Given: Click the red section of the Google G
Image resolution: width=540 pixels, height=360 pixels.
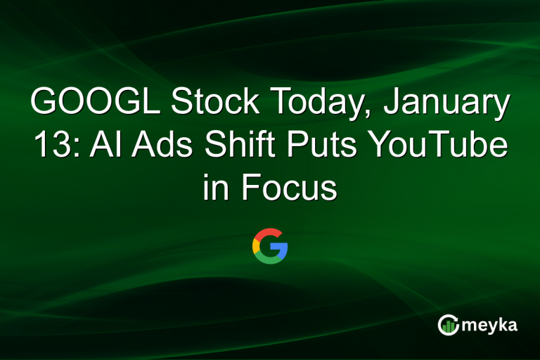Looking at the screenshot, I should click(267, 233).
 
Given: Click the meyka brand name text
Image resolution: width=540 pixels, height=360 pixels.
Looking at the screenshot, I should click(487, 324).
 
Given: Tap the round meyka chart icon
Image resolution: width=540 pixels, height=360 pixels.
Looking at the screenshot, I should click(448, 324).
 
